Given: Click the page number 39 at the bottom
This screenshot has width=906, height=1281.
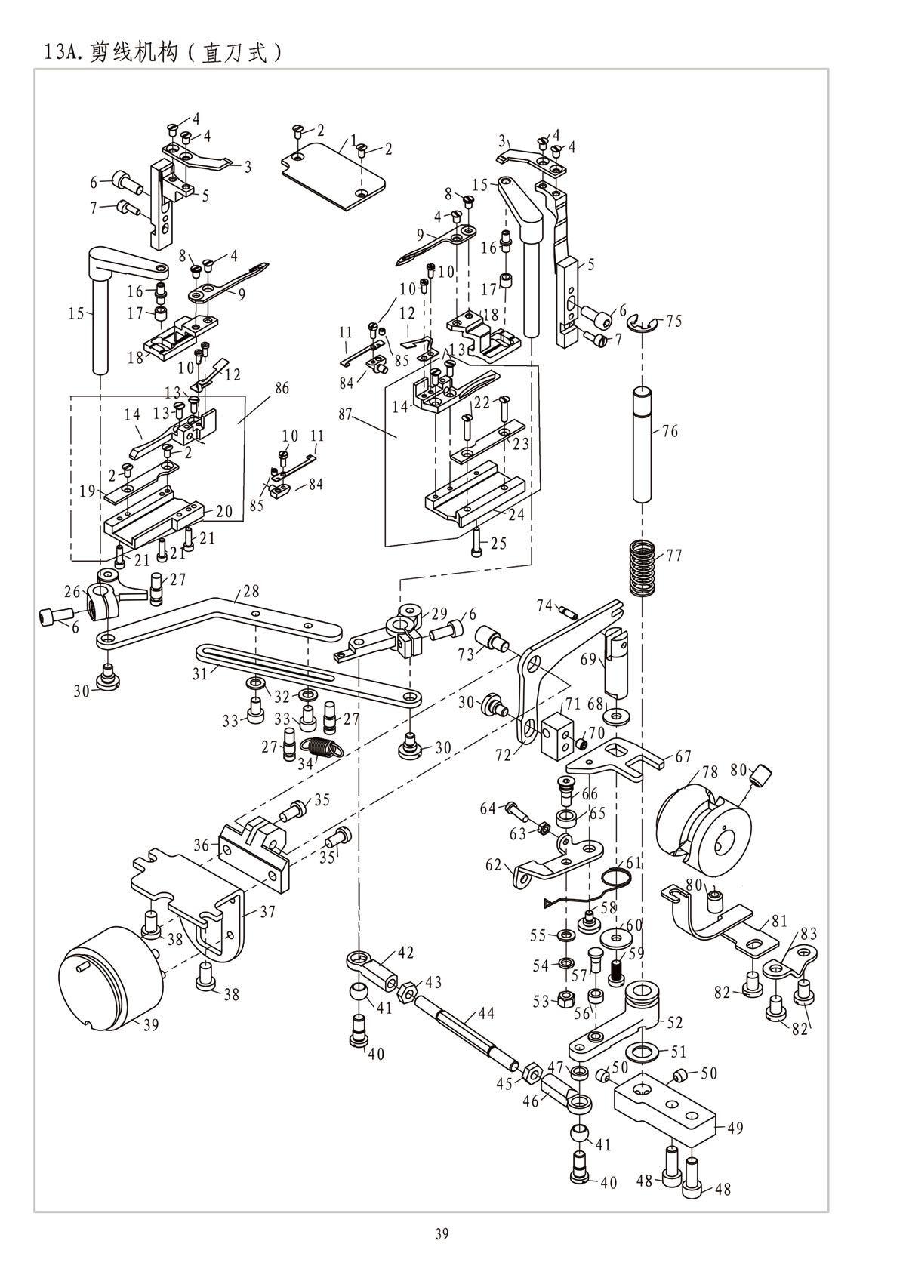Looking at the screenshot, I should coord(442,1235).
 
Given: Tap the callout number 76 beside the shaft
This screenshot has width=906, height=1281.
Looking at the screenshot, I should coord(670,431).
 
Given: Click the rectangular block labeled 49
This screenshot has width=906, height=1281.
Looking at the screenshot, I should coord(664,1110).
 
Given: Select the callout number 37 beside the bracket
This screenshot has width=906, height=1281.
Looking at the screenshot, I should coord(267,912).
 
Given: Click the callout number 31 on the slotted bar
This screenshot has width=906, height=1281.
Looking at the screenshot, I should coord(199,673).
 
